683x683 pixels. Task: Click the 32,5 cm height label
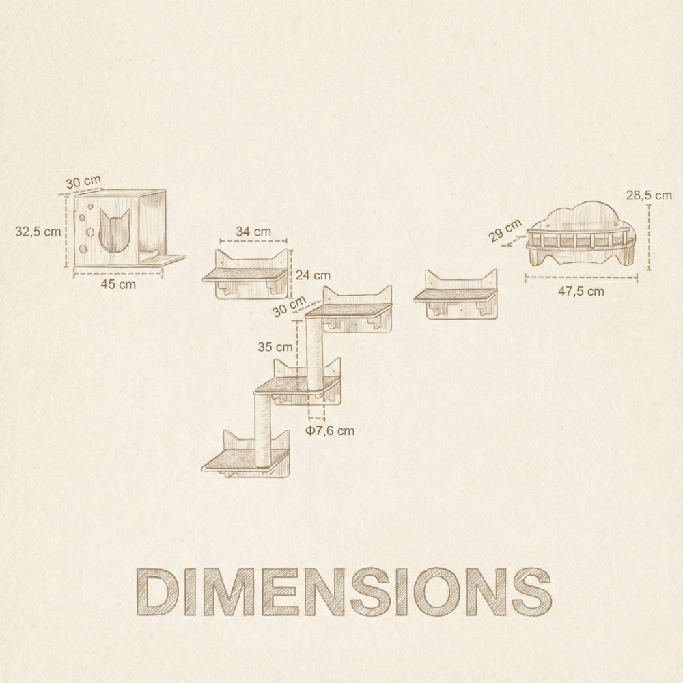[38, 231]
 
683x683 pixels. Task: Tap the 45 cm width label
[117, 285]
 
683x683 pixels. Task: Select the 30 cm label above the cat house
[84, 182]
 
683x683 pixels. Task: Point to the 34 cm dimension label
[253, 232]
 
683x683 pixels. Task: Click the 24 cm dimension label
[313, 276]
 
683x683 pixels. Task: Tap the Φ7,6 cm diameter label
[331, 430]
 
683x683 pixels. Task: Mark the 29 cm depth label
[505, 231]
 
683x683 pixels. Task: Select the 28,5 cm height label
[648, 195]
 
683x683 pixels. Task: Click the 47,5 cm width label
[581, 291]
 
